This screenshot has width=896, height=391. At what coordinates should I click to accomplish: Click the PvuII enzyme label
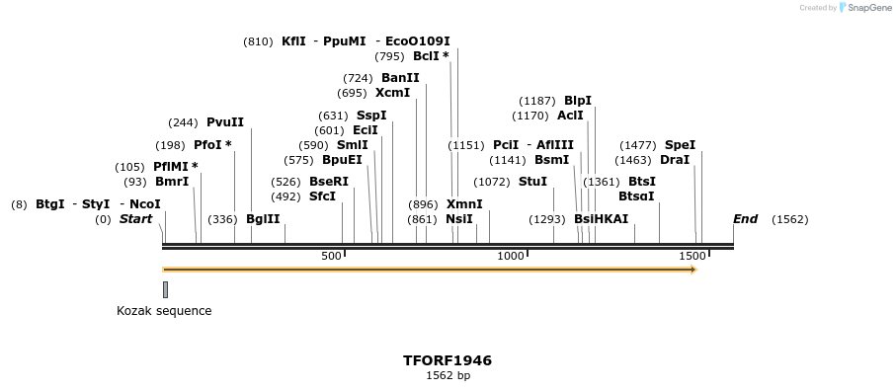click(225, 122)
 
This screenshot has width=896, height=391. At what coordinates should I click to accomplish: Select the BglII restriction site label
click(263, 219)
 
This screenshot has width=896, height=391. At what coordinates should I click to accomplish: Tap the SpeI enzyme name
click(680, 145)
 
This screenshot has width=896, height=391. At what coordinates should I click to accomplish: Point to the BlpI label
click(578, 101)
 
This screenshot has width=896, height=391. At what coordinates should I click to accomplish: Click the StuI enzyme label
click(532, 182)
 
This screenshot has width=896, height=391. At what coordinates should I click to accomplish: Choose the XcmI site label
click(392, 93)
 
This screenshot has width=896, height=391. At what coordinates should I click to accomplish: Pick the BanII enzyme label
click(400, 78)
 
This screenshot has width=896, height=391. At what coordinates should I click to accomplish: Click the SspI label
click(371, 116)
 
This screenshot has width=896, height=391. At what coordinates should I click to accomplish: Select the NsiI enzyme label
click(459, 219)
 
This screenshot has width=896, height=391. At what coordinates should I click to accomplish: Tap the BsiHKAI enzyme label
click(601, 219)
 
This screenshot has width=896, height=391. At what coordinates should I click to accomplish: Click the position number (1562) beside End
click(789, 219)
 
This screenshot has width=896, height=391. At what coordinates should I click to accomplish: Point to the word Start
click(135, 219)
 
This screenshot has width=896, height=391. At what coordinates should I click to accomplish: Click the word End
click(745, 219)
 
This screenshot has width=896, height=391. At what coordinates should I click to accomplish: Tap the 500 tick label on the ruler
click(331, 257)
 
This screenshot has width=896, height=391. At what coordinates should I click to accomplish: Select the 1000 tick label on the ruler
click(511, 257)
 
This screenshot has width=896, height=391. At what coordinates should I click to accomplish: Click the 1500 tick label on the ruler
click(692, 257)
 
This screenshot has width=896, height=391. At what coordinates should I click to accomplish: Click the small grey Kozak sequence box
click(165, 289)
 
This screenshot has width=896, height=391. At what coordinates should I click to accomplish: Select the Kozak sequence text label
click(164, 311)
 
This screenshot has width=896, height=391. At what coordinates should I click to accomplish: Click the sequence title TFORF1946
click(448, 360)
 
